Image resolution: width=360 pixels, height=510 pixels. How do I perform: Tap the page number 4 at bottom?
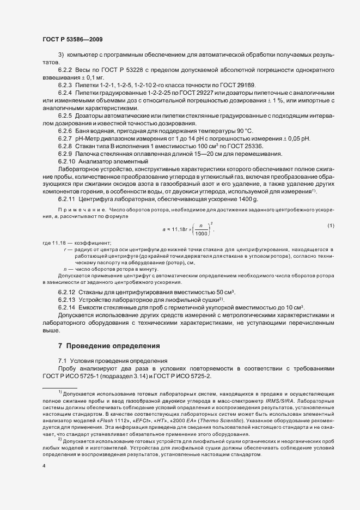tap(44, 466)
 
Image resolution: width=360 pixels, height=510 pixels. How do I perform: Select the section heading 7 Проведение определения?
tap(109, 345)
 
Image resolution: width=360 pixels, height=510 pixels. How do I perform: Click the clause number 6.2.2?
tap(65, 71)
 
